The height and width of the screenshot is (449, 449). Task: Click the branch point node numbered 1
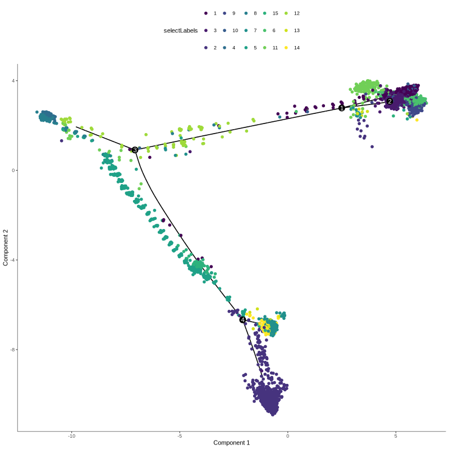tap(341, 108)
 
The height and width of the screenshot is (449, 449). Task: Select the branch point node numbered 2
tap(390, 102)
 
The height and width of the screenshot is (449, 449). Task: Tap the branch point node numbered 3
tap(135, 150)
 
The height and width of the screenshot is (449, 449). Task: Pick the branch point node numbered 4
tap(242, 320)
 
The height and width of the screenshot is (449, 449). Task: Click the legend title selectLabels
tap(180, 30)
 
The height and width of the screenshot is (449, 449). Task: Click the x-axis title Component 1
tap(231, 442)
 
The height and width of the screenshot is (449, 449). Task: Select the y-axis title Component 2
tap(6, 247)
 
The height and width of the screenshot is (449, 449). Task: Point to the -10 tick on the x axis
tap(72, 436)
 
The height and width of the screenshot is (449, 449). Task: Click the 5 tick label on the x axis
tap(396, 436)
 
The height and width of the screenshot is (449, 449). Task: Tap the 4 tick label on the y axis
tap(14, 81)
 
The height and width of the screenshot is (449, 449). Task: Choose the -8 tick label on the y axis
tap(13, 350)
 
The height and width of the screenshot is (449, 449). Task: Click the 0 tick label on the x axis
tap(287, 436)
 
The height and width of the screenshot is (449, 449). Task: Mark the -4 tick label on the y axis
tap(13, 260)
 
